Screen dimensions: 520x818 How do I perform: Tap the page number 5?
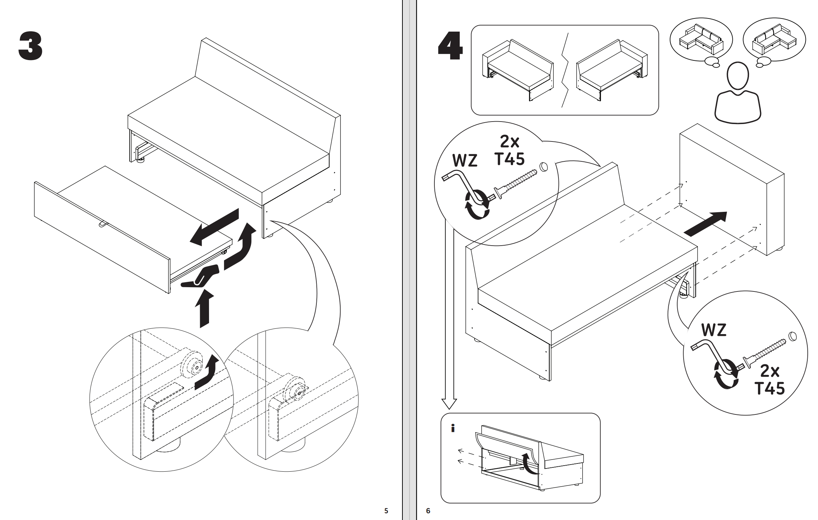(386, 511)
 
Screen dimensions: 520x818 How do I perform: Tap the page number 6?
(428, 511)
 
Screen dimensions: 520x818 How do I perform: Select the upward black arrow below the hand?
(204, 307)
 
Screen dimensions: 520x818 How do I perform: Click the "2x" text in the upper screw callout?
(509, 142)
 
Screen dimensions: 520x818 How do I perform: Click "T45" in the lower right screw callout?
(770, 388)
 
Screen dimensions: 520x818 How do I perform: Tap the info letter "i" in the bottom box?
(453, 429)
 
